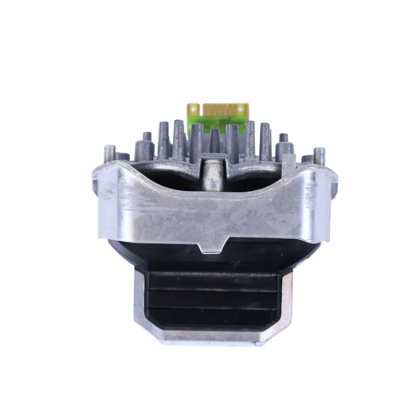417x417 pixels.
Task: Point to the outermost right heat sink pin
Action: pos(319,156)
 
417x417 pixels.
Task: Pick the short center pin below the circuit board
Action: pos(215,141)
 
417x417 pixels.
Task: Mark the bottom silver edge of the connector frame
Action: pos(213,339)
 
